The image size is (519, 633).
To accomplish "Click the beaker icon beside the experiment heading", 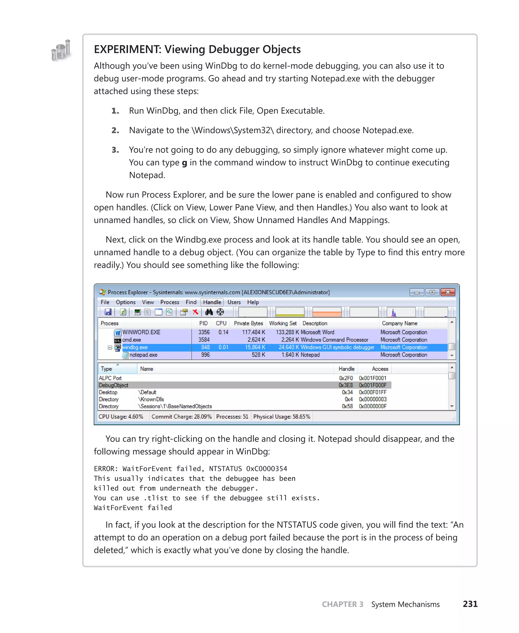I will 61,50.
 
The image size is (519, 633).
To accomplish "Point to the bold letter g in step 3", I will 184,163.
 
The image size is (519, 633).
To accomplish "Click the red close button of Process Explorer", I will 448,292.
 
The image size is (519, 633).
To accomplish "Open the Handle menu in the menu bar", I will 212,302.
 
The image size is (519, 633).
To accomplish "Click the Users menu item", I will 234,302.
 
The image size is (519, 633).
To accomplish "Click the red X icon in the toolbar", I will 196,312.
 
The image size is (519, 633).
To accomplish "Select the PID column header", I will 203,323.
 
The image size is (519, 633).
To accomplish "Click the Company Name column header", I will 399,323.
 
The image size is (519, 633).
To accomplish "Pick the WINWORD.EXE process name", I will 141,332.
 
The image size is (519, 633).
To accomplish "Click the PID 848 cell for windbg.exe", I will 205,347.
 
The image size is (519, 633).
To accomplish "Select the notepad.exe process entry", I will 143,355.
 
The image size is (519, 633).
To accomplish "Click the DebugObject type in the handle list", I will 113,385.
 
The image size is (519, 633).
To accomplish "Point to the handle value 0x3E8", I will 346,385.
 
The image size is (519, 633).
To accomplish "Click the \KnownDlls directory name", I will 151,399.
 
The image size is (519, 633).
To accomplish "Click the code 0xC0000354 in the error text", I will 266,469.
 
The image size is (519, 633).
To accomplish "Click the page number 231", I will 470,604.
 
